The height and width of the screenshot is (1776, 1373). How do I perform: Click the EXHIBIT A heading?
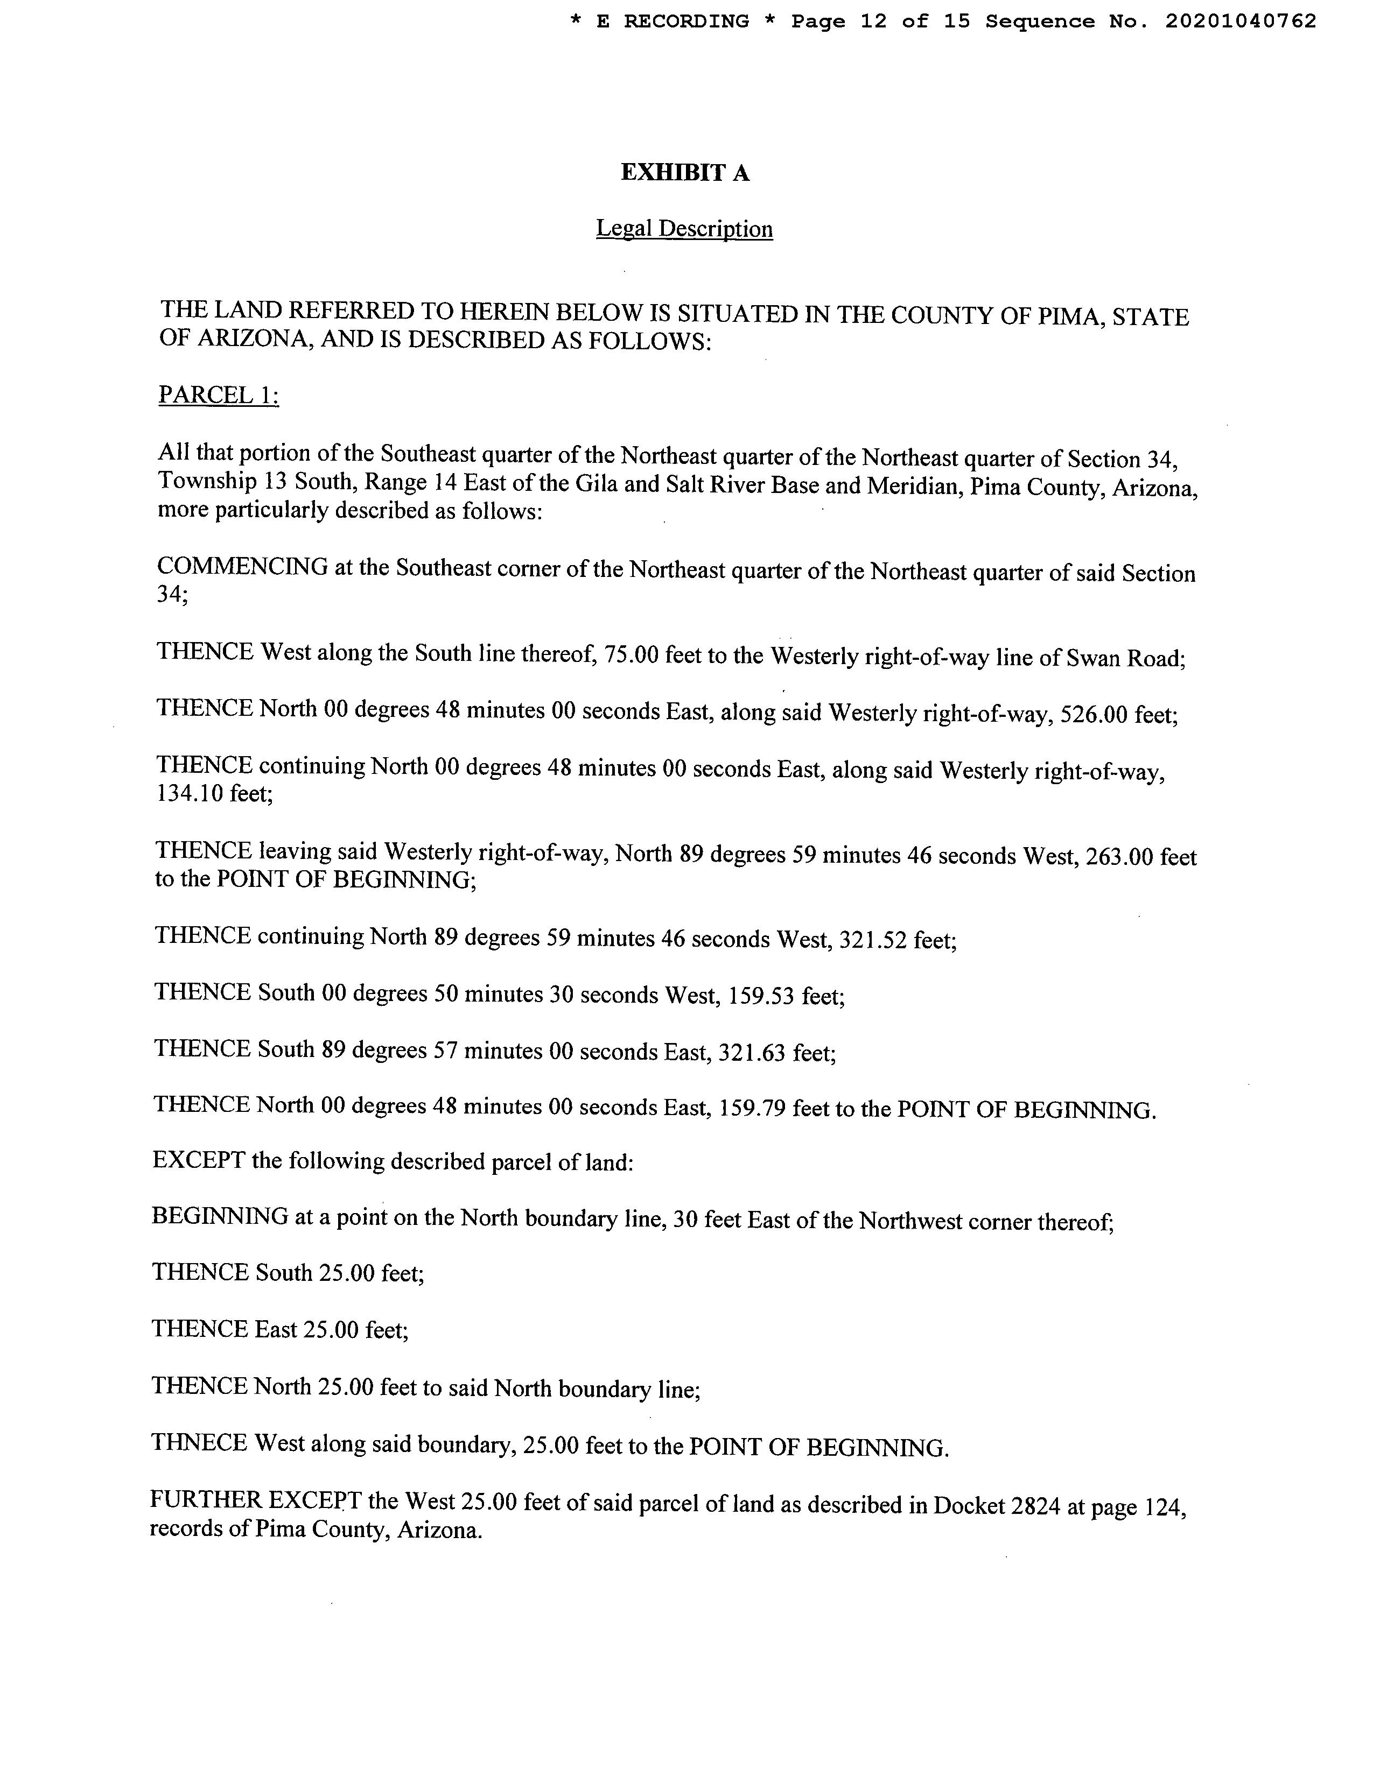[685, 172]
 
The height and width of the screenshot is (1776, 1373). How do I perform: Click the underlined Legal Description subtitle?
[684, 229]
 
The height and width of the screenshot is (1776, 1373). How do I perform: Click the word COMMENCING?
[242, 567]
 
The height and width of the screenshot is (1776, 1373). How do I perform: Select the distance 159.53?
[760, 995]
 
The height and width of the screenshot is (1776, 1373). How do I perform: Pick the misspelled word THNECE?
[199, 1442]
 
